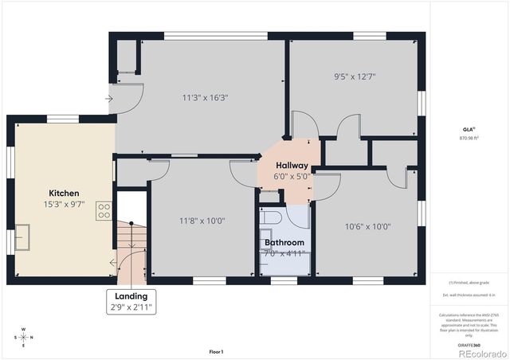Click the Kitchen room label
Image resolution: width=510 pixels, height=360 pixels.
(64, 194)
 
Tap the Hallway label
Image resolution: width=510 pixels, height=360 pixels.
(292, 165)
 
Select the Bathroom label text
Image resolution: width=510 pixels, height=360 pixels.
(284, 242)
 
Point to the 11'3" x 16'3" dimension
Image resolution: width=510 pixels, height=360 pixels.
(206, 98)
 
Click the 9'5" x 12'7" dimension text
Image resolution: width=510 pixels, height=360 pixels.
(355, 77)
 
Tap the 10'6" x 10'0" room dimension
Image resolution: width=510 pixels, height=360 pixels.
(367, 226)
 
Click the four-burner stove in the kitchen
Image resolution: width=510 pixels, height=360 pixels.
(104, 210)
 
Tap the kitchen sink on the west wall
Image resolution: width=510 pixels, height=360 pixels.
(22, 237)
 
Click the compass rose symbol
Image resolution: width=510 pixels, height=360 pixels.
(23, 336)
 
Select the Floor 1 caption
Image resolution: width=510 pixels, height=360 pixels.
(216, 351)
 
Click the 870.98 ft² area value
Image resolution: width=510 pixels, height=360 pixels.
(469, 138)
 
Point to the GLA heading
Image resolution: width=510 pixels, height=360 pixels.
(468, 128)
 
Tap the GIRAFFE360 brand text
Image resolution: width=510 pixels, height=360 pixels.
(469, 344)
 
